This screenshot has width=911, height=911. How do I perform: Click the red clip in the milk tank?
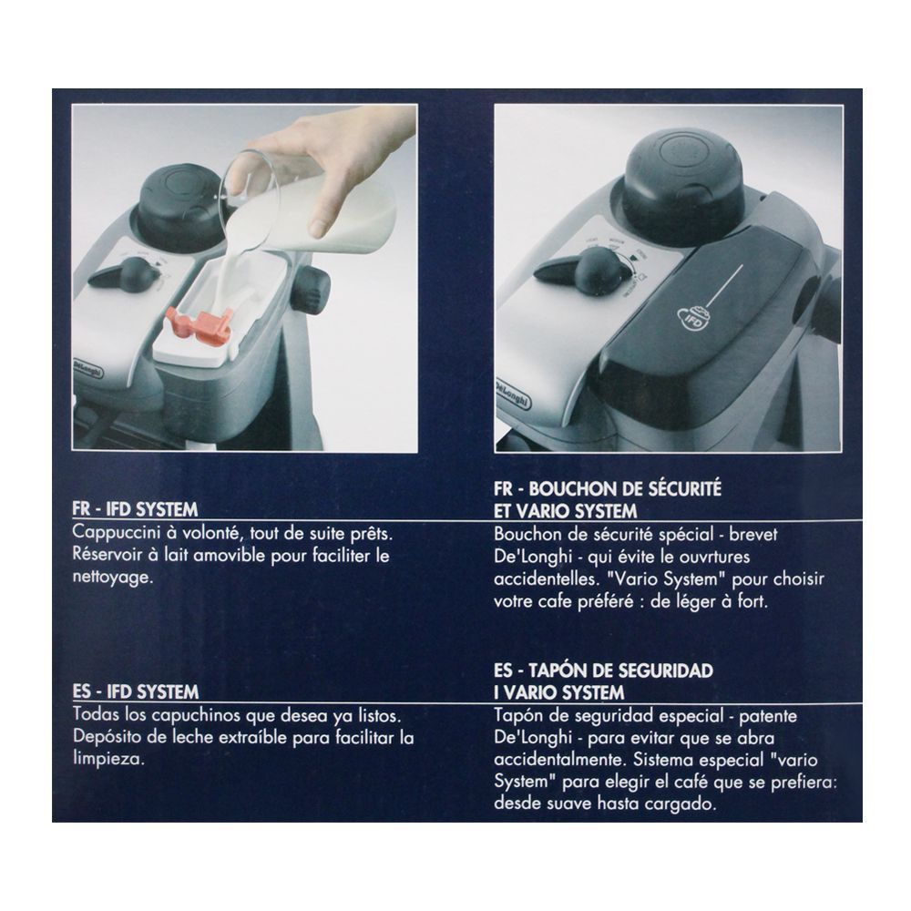point(200,326)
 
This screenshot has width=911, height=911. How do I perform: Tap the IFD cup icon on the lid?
point(693,318)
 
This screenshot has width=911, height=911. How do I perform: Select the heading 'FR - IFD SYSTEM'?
point(136,509)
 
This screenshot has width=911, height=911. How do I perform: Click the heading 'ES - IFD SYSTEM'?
point(136,691)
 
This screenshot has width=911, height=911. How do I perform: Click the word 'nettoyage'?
point(113,578)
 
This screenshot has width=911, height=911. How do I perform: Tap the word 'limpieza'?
point(108,760)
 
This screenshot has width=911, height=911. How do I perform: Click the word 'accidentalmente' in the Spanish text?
point(560,761)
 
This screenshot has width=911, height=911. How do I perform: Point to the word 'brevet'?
point(753,535)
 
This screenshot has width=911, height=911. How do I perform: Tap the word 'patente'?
point(767,716)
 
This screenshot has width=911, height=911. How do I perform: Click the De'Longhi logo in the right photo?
point(512,394)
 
